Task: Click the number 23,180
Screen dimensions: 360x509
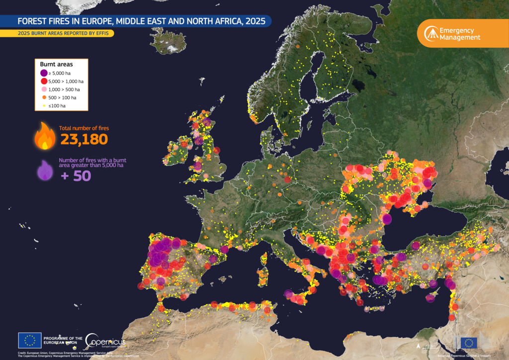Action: click(x=84, y=140)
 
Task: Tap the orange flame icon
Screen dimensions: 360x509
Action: click(x=45, y=136)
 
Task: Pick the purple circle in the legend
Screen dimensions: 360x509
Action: click(x=44, y=73)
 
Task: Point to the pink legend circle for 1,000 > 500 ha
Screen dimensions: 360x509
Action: click(x=44, y=89)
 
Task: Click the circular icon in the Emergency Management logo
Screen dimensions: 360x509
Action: click(x=431, y=34)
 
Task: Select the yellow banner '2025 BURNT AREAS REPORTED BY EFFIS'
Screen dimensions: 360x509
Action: click(x=57, y=33)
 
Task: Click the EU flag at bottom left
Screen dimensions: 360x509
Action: click(x=30, y=340)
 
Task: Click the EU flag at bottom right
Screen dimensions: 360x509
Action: click(x=468, y=342)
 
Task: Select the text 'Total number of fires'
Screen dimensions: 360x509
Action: click(x=84, y=128)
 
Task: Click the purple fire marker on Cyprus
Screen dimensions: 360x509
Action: click(x=430, y=297)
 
